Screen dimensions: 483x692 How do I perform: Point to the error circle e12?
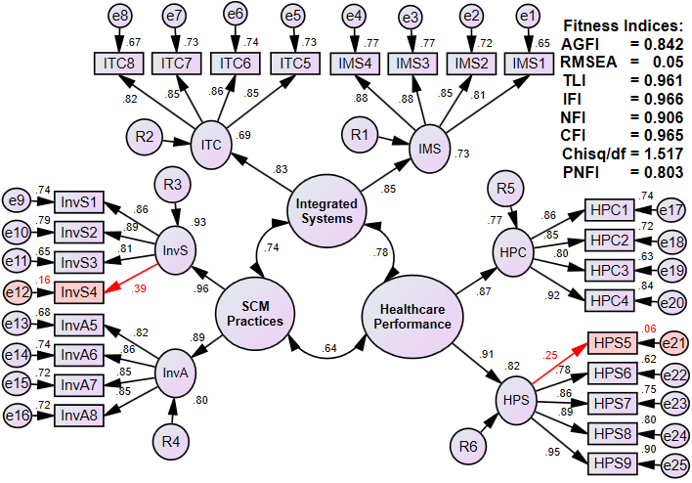pyautogui.click(x=19, y=291)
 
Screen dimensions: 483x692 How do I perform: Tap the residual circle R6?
pyautogui.click(x=469, y=447)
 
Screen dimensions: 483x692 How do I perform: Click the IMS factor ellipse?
pyautogui.click(x=429, y=150)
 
